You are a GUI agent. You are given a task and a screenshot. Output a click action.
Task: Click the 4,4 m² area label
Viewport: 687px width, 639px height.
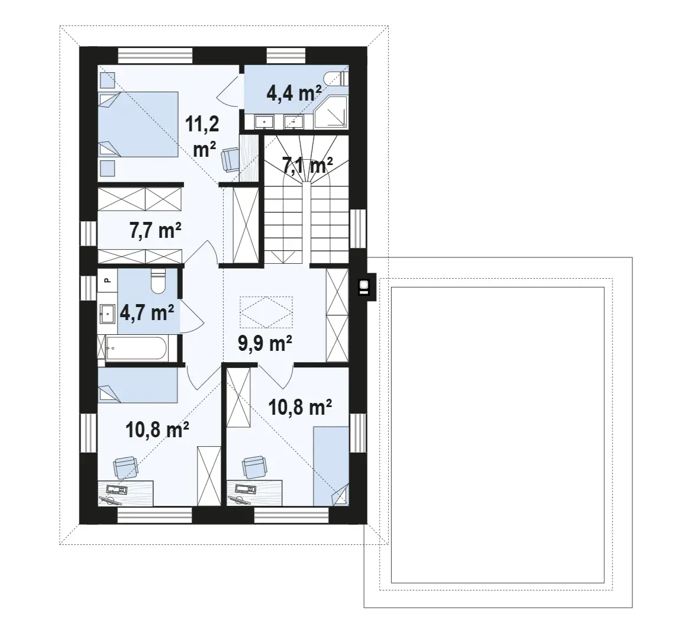[x=294, y=93]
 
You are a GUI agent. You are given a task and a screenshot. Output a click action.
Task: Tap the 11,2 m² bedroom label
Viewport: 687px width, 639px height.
[x=202, y=137]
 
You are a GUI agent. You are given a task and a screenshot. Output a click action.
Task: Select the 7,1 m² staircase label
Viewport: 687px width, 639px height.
[x=307, y=165]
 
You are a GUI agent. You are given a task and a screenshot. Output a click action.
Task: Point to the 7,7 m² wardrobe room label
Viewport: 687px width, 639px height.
[x=155, y=230]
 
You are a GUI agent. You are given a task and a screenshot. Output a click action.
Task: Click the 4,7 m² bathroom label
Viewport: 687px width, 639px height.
[x=147, y=313]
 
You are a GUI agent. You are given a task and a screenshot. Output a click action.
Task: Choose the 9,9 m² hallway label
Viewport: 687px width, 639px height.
[x=265, y=343]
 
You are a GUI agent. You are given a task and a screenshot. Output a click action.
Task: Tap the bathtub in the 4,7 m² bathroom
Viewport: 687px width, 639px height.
[x=136, y=349]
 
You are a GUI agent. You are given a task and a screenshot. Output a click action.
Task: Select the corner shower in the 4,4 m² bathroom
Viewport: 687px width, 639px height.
[x=331, y=112]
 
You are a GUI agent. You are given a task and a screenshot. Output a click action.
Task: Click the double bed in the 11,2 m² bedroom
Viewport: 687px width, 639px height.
[x=138, y=124]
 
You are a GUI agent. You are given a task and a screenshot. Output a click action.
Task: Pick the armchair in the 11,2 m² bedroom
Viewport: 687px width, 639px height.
[x=230, y=159]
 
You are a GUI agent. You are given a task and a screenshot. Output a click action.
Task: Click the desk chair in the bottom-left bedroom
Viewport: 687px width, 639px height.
[x=126, y=467]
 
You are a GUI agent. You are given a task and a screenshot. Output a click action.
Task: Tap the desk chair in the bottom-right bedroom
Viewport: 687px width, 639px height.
[x=254, y=467]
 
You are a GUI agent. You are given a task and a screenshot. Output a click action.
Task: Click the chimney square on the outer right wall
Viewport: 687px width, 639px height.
[x=364, y=286]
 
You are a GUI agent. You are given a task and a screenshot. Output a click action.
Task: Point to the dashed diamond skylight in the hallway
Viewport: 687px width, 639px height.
[x=266, y=312]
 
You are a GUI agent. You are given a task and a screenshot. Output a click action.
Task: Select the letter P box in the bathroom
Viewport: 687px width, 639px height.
[x=107, y=280]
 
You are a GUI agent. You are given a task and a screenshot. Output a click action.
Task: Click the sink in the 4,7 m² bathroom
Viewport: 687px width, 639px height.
[x=107, y=314]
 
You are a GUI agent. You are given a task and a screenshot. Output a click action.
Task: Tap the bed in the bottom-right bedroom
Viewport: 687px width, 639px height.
[x=331, y=466]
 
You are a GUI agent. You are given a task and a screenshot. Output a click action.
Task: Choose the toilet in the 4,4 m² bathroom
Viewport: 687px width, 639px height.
[x=337, y=79]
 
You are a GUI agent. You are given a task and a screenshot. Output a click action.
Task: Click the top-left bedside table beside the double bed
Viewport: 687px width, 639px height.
[x=107, y=80]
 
